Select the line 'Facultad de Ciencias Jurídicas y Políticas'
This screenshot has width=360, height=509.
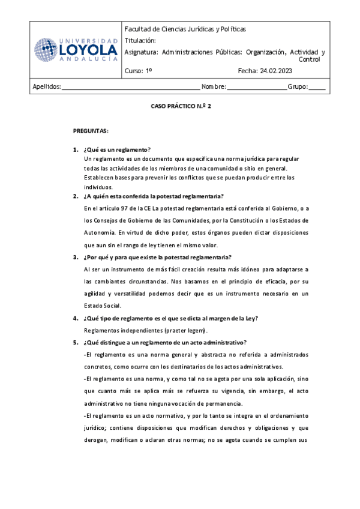coord(185,29)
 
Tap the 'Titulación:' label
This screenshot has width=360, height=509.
coord(140,40)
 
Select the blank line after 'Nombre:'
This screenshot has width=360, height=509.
coord(257,88)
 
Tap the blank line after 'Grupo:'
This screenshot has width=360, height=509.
coord(317,88)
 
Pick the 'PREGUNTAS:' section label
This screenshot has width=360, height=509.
coord(91,130)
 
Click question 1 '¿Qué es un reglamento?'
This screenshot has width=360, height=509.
coord(118,149)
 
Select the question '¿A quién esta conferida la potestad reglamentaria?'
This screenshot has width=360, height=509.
coord(154,196)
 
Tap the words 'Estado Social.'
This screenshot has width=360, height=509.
coord(103,306)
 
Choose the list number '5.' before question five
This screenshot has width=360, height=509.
coord(76,343)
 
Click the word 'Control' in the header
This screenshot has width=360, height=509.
coord(310,60)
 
